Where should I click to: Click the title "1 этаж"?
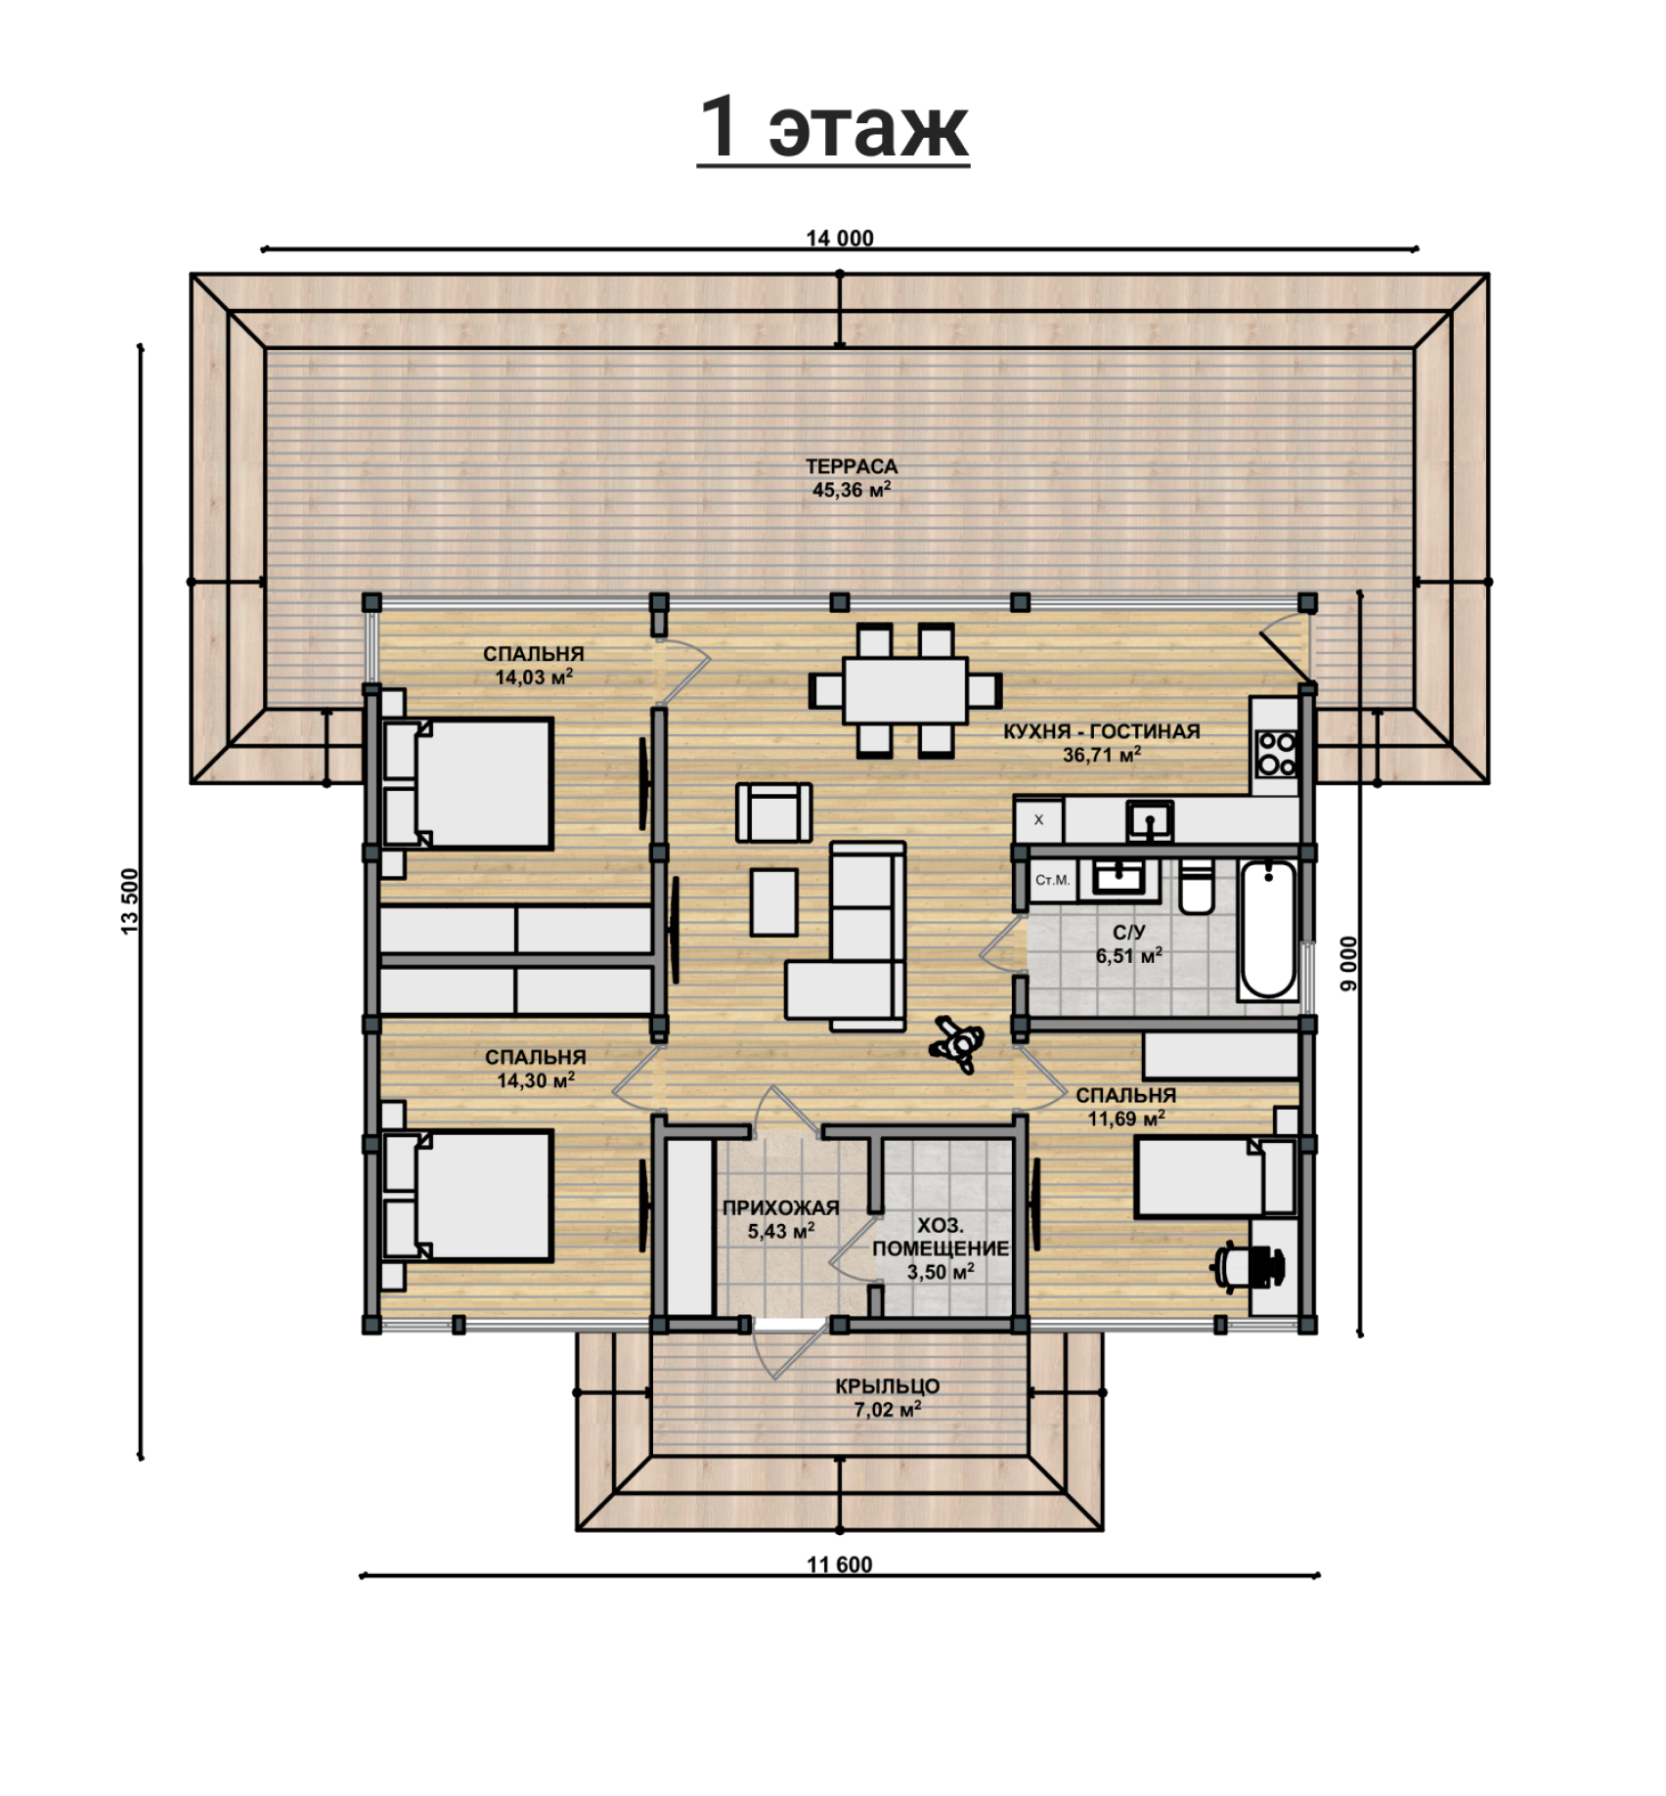[833, 127]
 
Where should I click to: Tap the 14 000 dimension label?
[839, 238]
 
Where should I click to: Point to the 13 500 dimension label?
[130, 900]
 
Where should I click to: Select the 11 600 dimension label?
[839, 1564]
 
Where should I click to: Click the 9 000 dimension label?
[1349, 964]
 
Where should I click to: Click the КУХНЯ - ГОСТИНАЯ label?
[1101, 731]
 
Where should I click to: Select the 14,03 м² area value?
[534, 677]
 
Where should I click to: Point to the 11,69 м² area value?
[1126, 1117]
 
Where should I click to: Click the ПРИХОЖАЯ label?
[780, 1208]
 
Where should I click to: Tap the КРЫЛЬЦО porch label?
[887, 1386]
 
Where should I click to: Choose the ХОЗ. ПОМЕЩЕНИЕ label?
[941, 1237]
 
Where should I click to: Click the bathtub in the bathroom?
[1268, 929]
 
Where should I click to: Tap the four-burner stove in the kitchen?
[1276, 754]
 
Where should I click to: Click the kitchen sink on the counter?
[1150, 820]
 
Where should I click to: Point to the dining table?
[904, 690]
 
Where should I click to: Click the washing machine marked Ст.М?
[1052, 880]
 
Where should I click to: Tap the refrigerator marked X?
[1038, 820]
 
